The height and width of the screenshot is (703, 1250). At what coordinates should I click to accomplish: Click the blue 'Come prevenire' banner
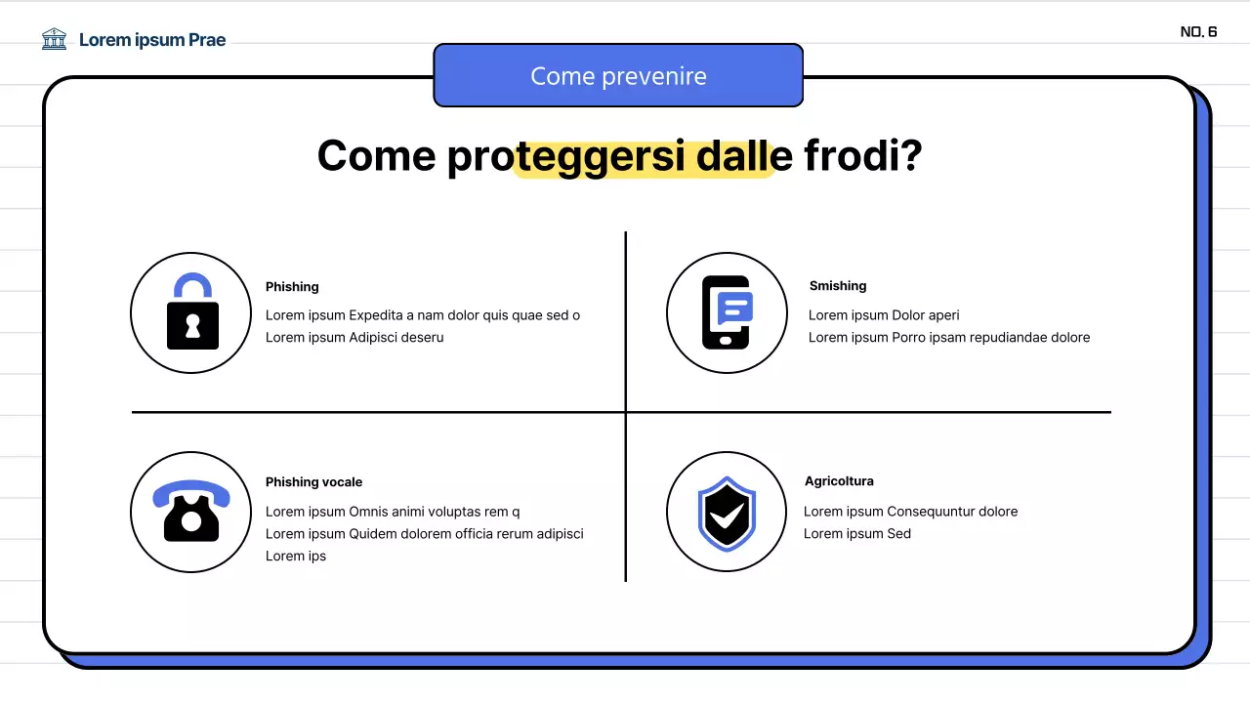tap(618, 76)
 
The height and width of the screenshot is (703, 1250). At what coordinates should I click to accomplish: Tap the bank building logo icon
tap(55, 39)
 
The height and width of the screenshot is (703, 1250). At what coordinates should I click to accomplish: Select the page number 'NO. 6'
tap(1198, 32)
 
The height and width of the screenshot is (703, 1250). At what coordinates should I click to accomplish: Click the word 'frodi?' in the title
tap(863, 156)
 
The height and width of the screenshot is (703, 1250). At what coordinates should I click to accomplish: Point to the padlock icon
tap(192, 312)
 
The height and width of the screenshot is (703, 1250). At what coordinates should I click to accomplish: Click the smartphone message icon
tap(728, 312)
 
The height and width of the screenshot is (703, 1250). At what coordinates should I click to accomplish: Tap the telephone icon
tap(191, 511)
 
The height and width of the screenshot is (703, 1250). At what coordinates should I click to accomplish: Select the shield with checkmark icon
tap(727, 512)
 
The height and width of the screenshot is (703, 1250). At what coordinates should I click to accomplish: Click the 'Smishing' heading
tap(838, 286)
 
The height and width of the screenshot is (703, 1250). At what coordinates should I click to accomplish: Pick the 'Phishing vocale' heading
tap(313, 482)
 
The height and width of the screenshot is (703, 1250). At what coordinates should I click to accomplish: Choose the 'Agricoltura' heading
tap(839, 481)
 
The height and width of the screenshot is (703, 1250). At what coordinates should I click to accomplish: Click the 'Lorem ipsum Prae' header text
tap(152, 40)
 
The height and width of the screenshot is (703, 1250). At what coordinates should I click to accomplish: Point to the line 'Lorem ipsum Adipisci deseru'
tap(354, 338)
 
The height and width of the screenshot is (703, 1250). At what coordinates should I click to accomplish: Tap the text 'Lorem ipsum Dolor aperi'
tap(884, 315)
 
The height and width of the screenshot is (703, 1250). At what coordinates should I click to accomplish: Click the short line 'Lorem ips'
tap(296, 557)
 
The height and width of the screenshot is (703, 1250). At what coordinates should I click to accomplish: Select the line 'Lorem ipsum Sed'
tap(857, 534)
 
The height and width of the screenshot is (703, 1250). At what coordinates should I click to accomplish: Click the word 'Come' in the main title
tap(376, 156)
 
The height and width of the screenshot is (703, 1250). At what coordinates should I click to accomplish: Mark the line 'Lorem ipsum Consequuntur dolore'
tap(910, 512)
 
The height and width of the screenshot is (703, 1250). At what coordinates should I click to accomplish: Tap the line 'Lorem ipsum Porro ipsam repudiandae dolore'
tap(949, 338)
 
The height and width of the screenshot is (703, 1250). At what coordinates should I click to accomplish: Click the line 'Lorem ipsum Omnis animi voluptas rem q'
tap(393, 512)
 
